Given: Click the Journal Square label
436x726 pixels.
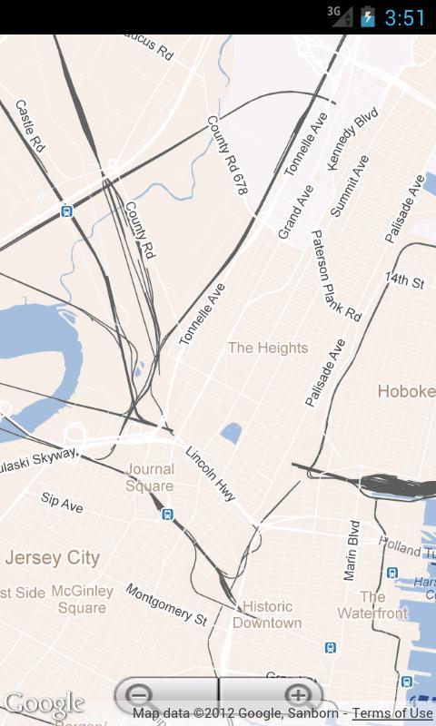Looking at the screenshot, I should pyautogui.click(x=151, y=477).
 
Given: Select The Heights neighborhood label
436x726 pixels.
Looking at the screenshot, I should pyautogui.click(x=267, y=348).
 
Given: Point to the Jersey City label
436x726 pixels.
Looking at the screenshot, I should pyautogui.click(x=52, y=557).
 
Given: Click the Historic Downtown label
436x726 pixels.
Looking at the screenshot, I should pyautogui.click(x=267, y=614).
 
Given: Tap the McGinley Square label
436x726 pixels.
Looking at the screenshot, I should pyautogui.click(x=83, y=599).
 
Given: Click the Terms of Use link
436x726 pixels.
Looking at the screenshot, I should pyautogui.click(x=392, y=713).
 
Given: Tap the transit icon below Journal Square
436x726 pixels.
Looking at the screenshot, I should pyautogui.click(x=167, y=515).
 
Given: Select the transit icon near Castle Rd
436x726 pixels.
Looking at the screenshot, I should pyautogui.click(x=66, y=211).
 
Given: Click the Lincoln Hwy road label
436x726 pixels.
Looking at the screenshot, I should pyautogui.click(x=211, y=474).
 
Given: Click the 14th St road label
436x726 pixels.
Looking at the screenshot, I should pyautogui.click(x=404, y=280).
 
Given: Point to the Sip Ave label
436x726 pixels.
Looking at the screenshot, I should pyautogui.click(x=62, y=503).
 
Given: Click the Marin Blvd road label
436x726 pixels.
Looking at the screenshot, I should pyautogui.click(x=352, y=550).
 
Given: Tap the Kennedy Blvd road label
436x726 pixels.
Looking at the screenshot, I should pyautogui.click(x=352, y=137).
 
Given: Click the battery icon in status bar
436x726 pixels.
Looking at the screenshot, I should pyautogui.click(x=367, y=17).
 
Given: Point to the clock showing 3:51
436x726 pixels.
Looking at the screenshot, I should pyautogui.click(x=405, y=17).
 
